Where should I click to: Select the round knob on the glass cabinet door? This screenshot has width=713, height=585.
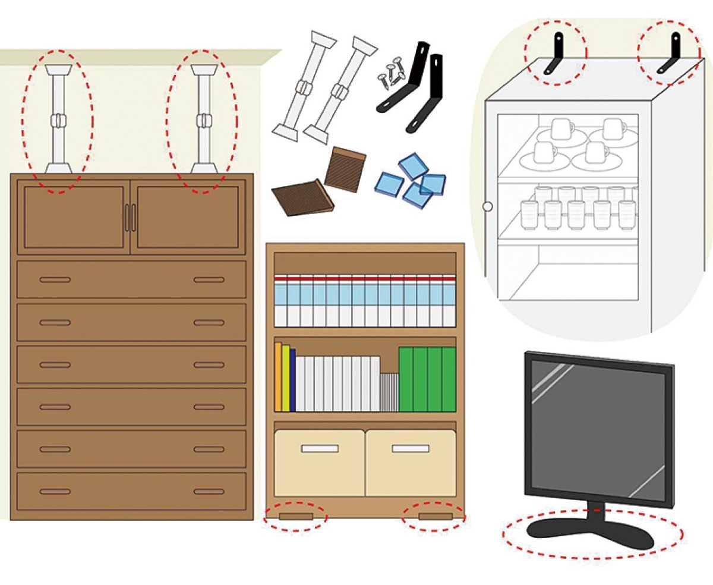(x=488, y=207)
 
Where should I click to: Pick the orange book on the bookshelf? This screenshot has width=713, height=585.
(x=278, y=377)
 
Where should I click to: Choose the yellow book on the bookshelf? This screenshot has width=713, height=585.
(x=285, y=378)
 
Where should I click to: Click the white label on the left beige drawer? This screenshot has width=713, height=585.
(x=320, y=448)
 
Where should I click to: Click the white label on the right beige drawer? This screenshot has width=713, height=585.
(x=410, y=448)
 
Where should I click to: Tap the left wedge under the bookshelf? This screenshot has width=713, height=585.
(x=296, y=515)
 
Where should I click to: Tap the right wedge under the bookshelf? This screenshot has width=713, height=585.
(x=436, y=515)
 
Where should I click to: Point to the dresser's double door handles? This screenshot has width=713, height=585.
(x=130, y=218)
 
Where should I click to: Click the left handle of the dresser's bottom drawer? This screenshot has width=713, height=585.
(x=55, y=492)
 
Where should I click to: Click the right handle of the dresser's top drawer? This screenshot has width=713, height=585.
(x=209, y=280)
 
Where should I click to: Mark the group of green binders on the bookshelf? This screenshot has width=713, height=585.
(x=427, y=379)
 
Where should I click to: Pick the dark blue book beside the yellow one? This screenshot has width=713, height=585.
(x=292, y=380)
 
